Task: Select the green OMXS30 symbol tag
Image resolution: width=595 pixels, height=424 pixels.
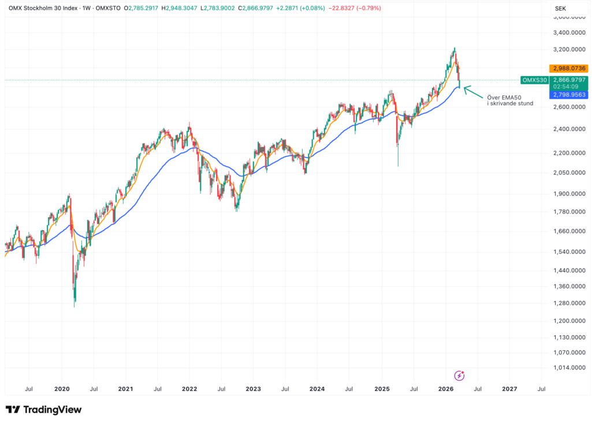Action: pyautogui.click(x=534, y=80)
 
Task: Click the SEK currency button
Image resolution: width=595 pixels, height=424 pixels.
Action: pyautogui.click(x=560, y=8)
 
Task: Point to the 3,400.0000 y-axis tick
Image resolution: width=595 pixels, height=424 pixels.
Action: pyautogui.click(x=568, y=32)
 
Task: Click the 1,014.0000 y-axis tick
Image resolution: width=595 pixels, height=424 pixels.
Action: pyautogui.click(x=568, y=367)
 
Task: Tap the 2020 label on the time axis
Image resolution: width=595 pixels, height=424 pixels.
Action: pyautogui.click(x=62, y=389)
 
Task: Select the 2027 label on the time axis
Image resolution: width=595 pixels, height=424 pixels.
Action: pyautogui.click(x=510, y=389)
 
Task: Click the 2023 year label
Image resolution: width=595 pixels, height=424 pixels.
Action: pyautogui.click(x=253, y=389)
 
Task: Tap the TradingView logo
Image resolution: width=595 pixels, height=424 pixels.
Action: pyautogui.click(x=43, y=410)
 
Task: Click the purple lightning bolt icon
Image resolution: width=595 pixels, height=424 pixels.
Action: pyautogui.click(x=459, y=376)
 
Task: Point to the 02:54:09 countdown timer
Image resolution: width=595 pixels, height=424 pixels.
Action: pyautogui.click(x=565, y=87)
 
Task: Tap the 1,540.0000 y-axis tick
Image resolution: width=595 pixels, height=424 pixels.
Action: pyautogui.click(x=568, y=252)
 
